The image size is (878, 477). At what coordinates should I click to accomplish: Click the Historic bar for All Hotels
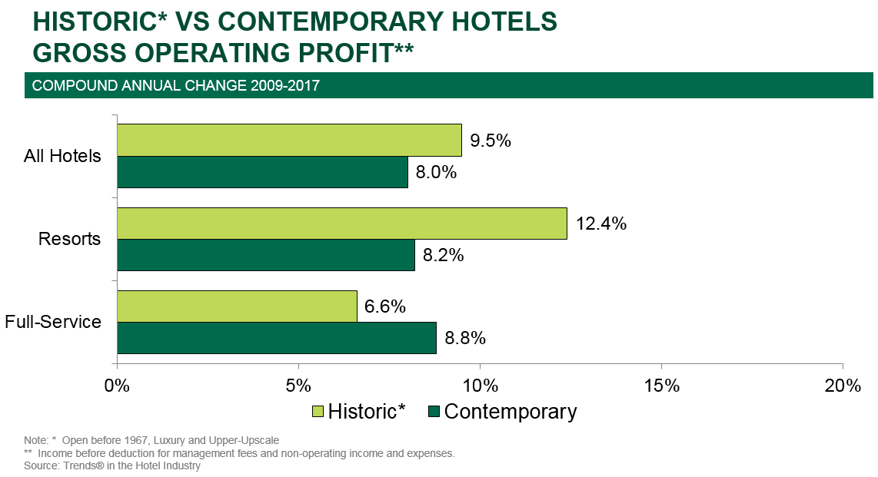click(x=289, y=140)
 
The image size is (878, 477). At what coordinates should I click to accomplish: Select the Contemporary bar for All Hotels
click(x=262, y=172)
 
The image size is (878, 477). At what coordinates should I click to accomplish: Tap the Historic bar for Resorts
click(x=342, y=224)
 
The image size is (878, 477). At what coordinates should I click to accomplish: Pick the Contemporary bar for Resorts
click(x=266, y=255)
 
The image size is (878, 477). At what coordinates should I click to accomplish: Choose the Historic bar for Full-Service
click(x=237, y=306)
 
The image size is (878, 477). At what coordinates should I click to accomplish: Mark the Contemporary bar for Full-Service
click(x=277, y=338)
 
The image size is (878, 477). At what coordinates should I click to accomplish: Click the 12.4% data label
click(x=600, y=224)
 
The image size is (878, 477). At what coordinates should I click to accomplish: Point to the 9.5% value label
click(x=491, y=141)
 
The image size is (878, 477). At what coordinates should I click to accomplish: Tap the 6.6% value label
click(x=385, y=307)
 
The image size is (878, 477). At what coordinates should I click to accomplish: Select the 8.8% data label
click(x=465, y=339)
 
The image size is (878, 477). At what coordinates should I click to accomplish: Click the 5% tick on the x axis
click(x=298, y=386)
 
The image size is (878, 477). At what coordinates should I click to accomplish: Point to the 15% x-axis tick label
click(x=662, y=386)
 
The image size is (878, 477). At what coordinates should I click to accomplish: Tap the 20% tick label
click(x=843, y=386)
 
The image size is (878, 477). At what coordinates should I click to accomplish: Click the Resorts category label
click(x=70, y=239)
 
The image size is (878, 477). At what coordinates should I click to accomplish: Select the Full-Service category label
click(x=53, y=321)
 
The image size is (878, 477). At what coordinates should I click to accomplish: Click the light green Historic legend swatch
click(x=318, y=412)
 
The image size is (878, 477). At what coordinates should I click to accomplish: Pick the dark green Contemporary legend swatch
click(x=434, y=412)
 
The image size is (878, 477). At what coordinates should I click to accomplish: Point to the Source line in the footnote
click(x=112, y=465)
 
